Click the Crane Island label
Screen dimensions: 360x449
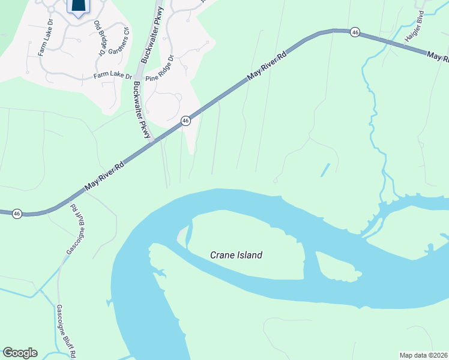(x=236, y=255)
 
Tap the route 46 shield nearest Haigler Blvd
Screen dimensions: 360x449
(x=355, y=32)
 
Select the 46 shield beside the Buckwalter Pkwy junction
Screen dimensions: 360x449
(x=186, y=121)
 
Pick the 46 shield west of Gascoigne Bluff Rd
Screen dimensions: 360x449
(x=17, y=214)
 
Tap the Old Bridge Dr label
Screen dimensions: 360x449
(x=99, y=38)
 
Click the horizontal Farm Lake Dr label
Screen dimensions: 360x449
(x=112, y=76)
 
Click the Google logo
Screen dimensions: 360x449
(x=20, y=353)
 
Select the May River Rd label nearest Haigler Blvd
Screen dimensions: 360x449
(x=438, y=57)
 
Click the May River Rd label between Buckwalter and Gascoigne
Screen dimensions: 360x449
(x=104, y=176)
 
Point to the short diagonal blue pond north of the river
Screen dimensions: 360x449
(x=325, y=170)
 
